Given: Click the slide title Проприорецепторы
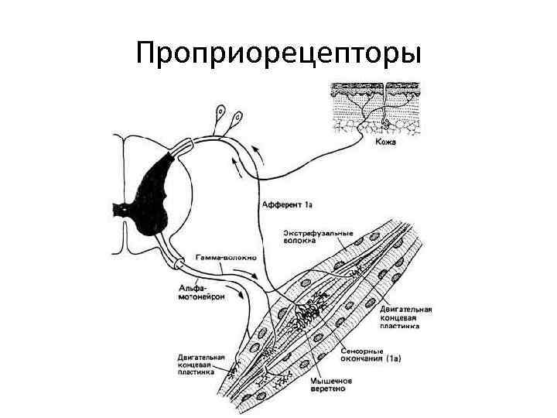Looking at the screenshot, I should coord(278,55).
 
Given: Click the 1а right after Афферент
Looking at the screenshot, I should coord(308,204).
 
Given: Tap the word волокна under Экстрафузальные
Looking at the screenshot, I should coord(298,241).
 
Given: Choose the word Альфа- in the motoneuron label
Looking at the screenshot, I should coord(192,287).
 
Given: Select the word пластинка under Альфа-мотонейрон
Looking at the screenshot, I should coord(199,374).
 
